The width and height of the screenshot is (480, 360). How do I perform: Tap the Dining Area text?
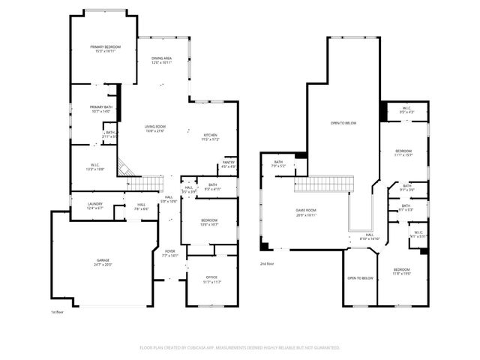pos(162,61)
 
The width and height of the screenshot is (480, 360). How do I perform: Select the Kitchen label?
pos(210,137)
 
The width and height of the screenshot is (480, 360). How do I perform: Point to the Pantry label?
pos(228,165)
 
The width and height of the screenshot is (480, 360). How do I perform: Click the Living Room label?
pos(155,129)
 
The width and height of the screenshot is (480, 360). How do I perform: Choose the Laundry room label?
pos(94,205)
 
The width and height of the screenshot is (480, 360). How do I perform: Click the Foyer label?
pos(170,253)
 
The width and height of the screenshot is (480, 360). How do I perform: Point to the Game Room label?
pos(305,212)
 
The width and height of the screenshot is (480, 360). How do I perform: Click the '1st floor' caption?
pos(58,311)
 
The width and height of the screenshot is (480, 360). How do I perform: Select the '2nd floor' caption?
pos(267,264)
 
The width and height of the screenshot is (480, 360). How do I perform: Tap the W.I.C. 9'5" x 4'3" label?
pos(406,111)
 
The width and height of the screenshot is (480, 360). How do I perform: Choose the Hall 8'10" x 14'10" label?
pos(370,237)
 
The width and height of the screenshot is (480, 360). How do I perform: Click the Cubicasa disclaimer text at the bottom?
pos(240,348)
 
